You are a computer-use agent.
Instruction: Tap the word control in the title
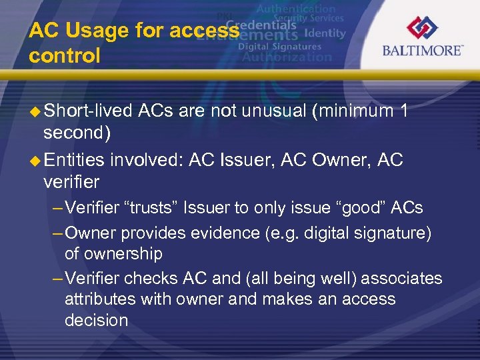[65, 55]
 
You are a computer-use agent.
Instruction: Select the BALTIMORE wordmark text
[422, 51]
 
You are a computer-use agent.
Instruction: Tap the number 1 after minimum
[403, 111]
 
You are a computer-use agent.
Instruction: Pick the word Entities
[74, 160]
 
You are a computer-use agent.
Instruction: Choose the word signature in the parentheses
[393, 233]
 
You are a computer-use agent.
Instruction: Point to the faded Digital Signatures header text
[279, 47]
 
